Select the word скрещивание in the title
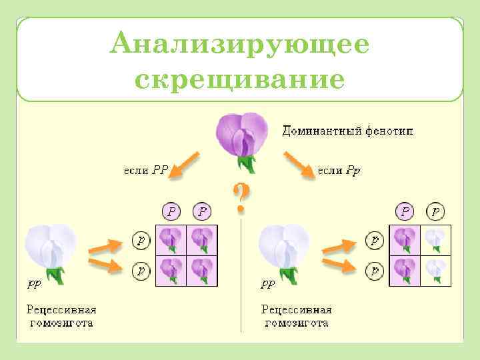[239, 80]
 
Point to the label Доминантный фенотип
[347, 131]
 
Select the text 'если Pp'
[339, 170]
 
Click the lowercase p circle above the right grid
[436, 212]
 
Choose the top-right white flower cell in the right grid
[435, 239]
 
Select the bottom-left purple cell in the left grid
[171, 270]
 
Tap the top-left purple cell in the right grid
[405, 239]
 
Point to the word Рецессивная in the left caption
[61, 309]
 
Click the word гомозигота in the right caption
[296, 323]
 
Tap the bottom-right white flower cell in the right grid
[435, 270]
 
